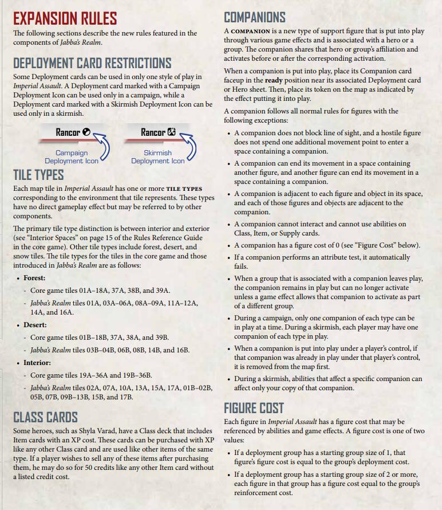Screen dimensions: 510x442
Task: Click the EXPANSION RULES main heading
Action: (65, 18)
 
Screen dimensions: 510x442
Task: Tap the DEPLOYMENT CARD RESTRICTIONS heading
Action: (92, 62)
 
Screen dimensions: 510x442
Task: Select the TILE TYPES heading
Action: (38, 174)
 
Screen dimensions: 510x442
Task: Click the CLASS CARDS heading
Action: (45, 417)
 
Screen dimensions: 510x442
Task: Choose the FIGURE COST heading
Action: (254, 407)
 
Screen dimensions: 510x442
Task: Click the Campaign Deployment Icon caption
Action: (72, 157)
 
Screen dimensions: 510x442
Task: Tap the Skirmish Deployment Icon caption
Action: (157, 157)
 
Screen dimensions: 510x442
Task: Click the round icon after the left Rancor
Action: (86, 132)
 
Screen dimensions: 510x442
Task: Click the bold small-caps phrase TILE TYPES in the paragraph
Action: (184, 189)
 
